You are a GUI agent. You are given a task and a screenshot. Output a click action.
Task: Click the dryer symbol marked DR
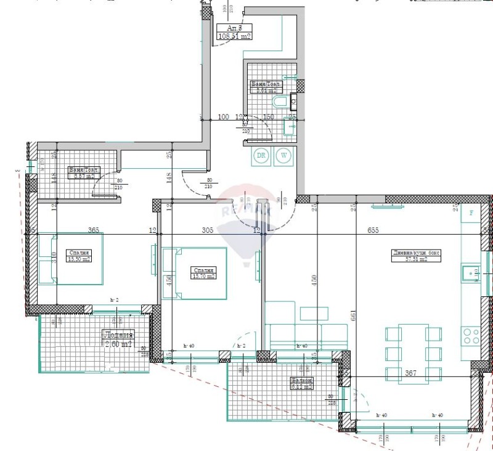pyautogui.click(x=261, y=156)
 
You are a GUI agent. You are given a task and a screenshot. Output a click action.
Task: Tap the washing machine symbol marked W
pyautogui.click(x=284, y=156)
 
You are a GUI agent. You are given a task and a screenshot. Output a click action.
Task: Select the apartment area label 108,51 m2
pyautogui.click(x=235, y=32)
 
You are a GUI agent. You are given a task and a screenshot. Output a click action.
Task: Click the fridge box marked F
pyautogui.click(x=471, y=212)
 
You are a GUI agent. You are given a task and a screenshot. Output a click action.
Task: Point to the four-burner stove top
pyautogui.click(x=471, y=336)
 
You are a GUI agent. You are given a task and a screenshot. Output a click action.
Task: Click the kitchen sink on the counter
pyautogui.click(x=471, y=272)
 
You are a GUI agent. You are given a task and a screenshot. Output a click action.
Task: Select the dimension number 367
pyautogui.click(x=411, y=373)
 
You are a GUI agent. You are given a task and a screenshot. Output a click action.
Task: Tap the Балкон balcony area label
pyautogui.click(x=303, y=384)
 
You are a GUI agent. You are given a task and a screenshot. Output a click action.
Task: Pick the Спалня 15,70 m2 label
pyautogui.click(x=203, y=273)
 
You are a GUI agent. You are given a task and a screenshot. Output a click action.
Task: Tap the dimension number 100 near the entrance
pyautogui.click(x=223, y=116)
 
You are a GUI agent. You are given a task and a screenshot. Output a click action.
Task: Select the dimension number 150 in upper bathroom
pyautogui.click(x=269, y=116)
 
